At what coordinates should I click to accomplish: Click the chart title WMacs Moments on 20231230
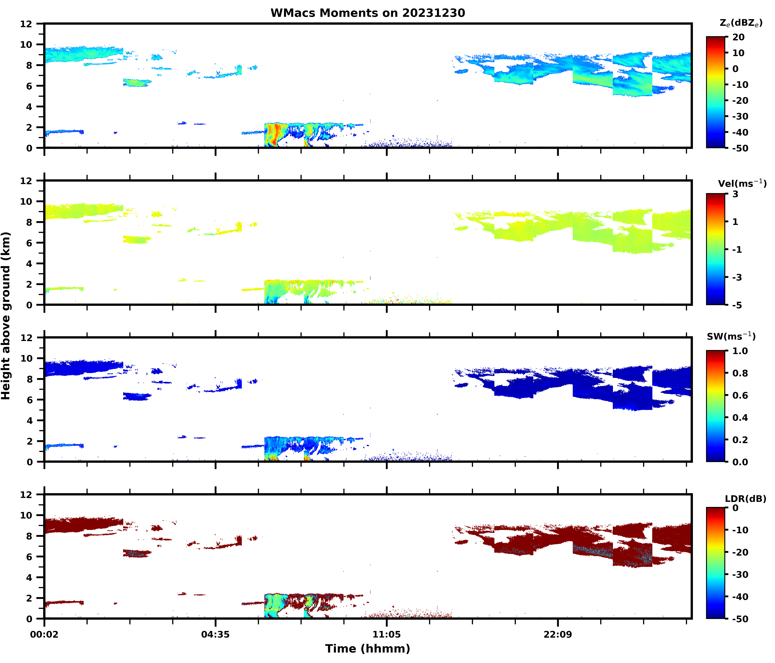tap(368, 13)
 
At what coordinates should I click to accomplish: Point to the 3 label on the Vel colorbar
tap(735, 194)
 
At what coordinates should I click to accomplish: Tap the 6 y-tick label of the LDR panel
tap(29, 557)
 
